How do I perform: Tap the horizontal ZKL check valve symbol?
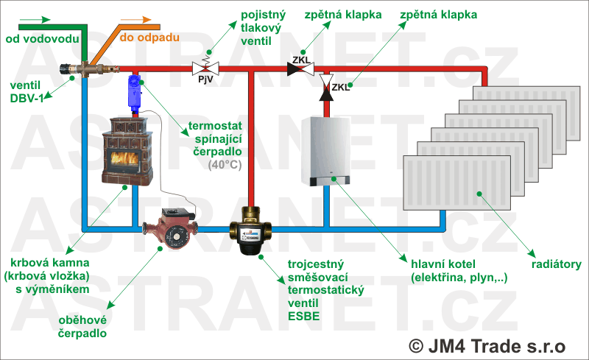(x=300, y=69)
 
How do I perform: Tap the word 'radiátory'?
(x=555, y=264)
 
